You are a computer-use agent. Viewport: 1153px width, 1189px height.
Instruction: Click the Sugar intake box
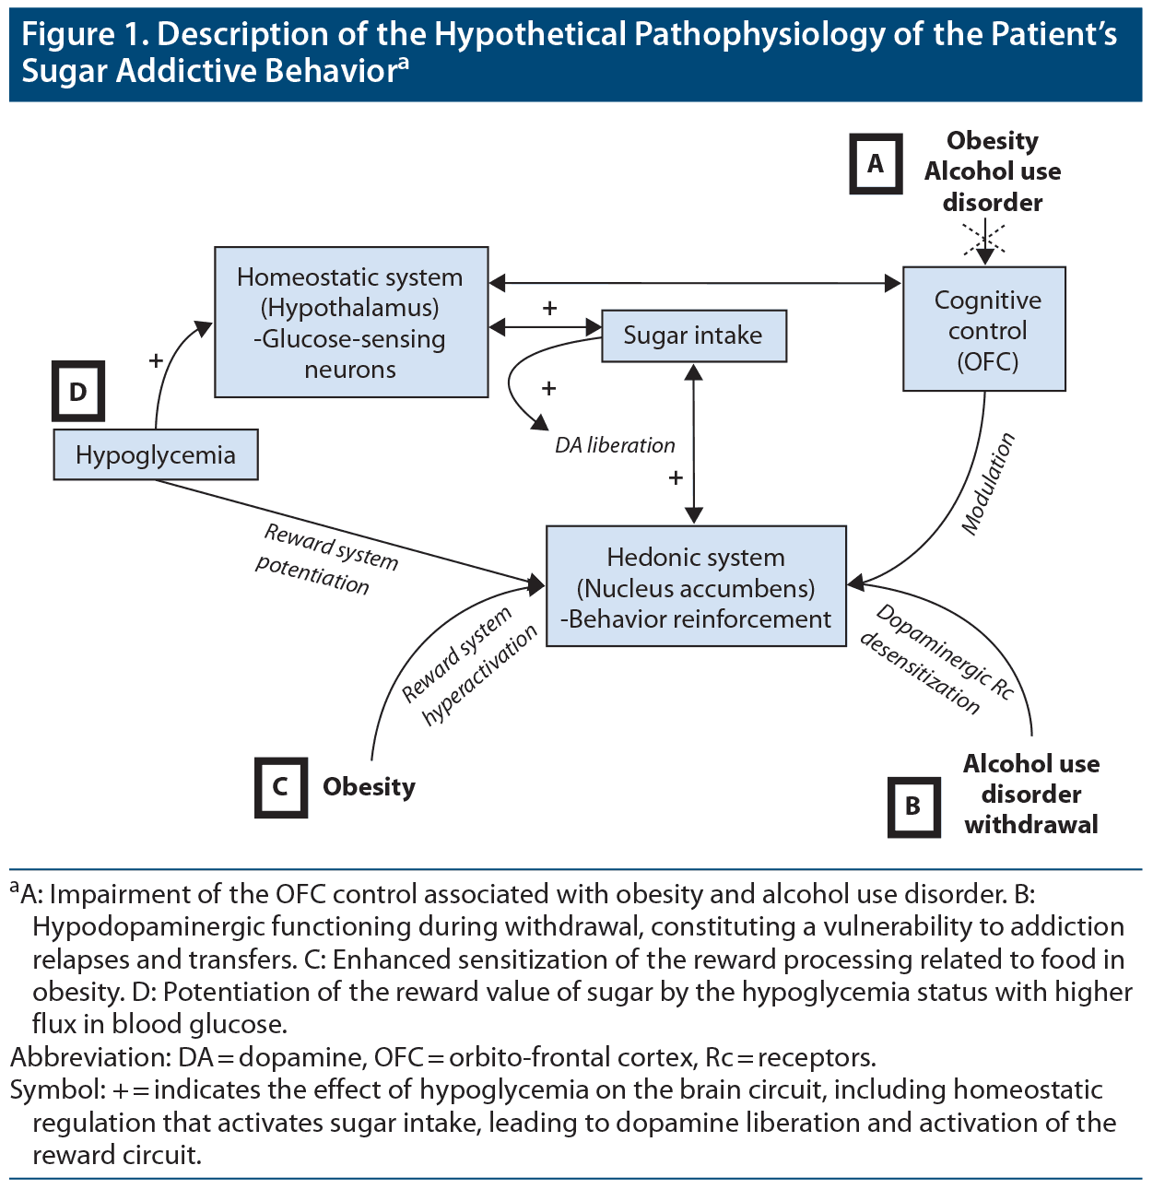tap(694, 336)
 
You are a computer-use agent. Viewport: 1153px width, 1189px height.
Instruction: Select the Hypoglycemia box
tap(156, 454)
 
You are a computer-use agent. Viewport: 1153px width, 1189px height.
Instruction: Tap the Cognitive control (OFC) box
tap(984, 329)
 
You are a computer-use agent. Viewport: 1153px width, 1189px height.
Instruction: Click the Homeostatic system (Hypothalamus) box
tap(350, 322)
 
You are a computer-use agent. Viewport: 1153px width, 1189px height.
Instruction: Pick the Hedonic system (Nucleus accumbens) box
tap(696, 587)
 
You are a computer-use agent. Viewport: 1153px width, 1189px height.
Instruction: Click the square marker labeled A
tap(875, 164)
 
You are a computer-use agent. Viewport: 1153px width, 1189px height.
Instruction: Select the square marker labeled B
tap(913, 806)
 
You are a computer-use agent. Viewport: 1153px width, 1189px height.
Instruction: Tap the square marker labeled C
tap(281, 787)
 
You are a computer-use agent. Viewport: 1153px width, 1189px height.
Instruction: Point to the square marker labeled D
tap(78, 392)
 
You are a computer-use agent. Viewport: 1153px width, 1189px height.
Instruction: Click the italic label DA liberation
tap(615, 445)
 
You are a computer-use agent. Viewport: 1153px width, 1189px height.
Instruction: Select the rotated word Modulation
tap(988, 484)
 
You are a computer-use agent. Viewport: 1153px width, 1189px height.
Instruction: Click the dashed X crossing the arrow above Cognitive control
tap(984, 241)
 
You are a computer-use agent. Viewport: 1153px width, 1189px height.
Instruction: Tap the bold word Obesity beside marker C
tap(369, 787)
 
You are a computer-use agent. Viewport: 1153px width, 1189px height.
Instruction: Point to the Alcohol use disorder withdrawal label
tap(1031, 794)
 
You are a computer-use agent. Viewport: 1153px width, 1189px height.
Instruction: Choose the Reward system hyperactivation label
tap(468, 665)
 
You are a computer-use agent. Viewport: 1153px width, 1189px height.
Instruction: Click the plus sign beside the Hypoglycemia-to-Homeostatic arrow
tap(156, 360)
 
